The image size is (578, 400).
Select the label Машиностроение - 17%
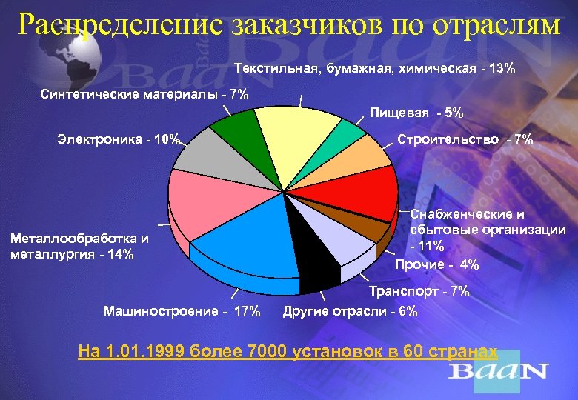[x=182, y=311]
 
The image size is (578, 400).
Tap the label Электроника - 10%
[x=118, y=139]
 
